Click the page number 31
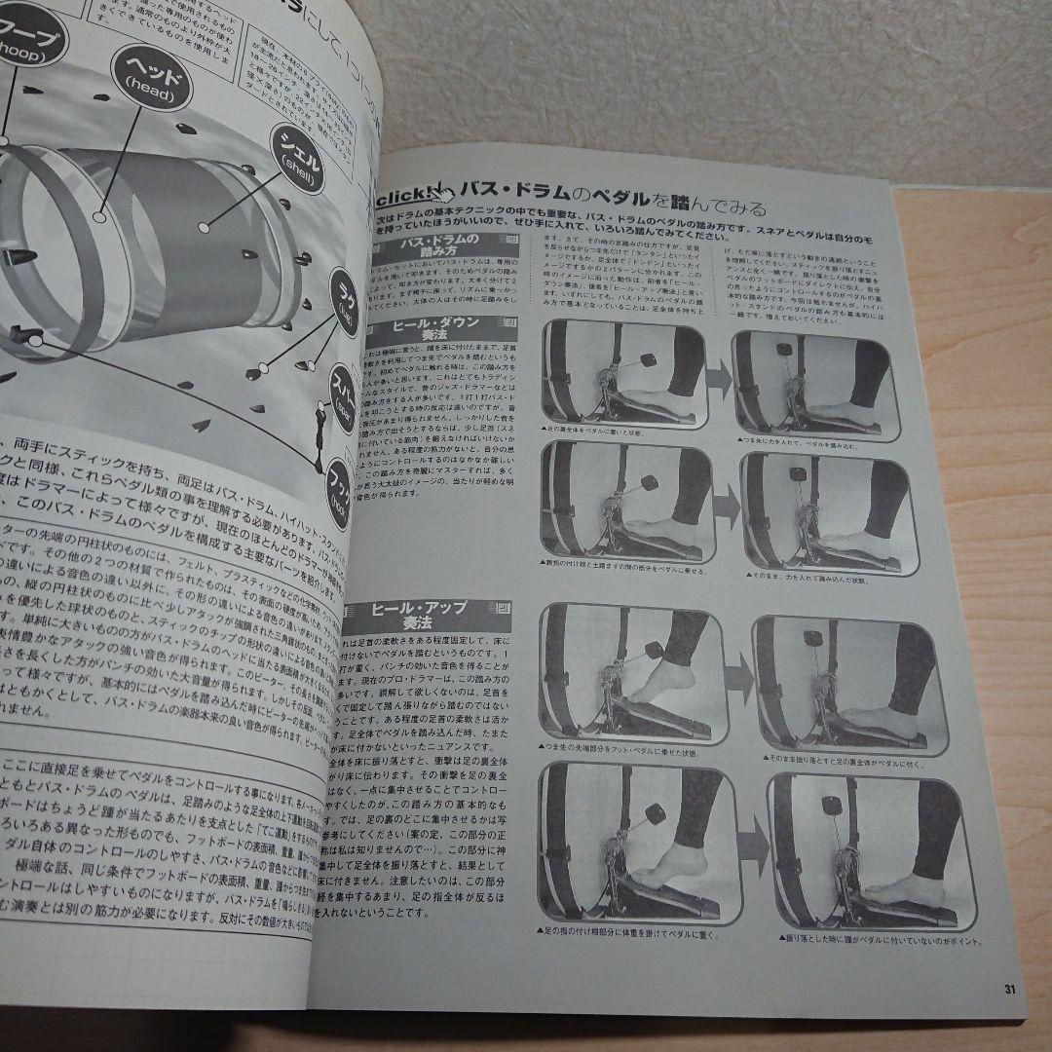click(1009, 990)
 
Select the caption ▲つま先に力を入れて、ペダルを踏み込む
click(800, 440)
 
